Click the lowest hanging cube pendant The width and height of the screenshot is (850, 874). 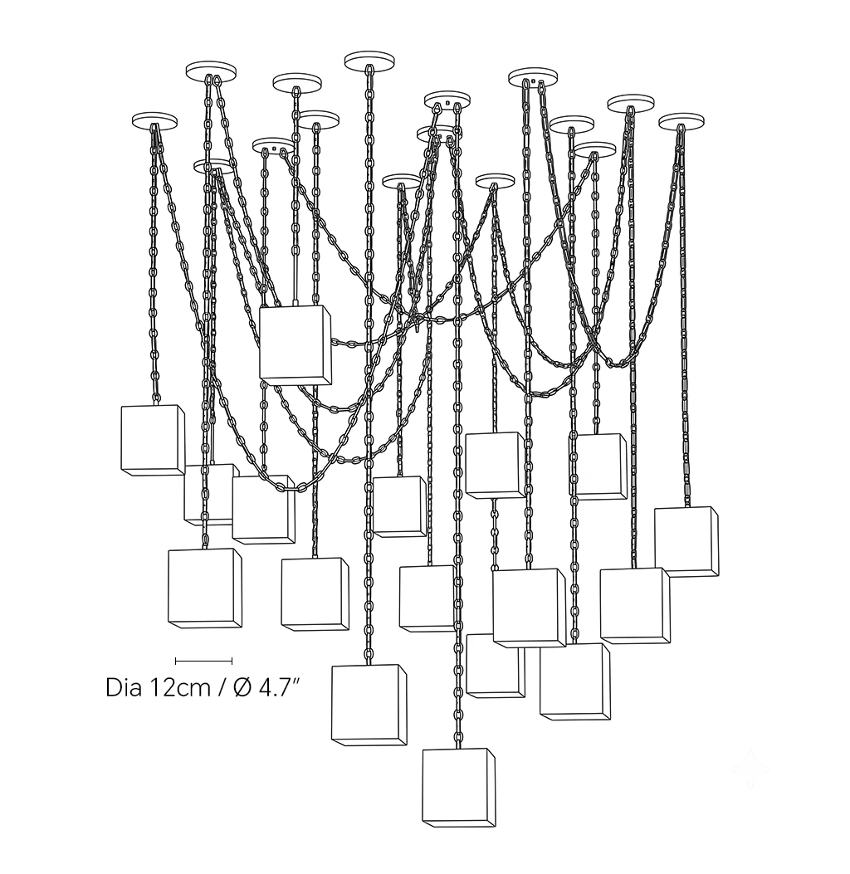459,787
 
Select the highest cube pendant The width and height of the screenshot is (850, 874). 296,345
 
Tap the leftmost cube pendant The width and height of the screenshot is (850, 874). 153,441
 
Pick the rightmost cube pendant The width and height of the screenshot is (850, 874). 686,541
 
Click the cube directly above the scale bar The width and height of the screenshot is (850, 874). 204,588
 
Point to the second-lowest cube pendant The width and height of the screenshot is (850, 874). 369,705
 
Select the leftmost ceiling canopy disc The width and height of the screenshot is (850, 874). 154,121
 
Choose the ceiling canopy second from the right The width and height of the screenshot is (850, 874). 631,103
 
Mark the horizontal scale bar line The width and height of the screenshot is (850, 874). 203,661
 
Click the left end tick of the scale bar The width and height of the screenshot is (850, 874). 176,661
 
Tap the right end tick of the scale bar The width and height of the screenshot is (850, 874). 232,661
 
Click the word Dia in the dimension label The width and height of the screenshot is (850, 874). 123,687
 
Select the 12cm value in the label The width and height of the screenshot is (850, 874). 179,687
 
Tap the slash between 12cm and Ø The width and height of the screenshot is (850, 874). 222,688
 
